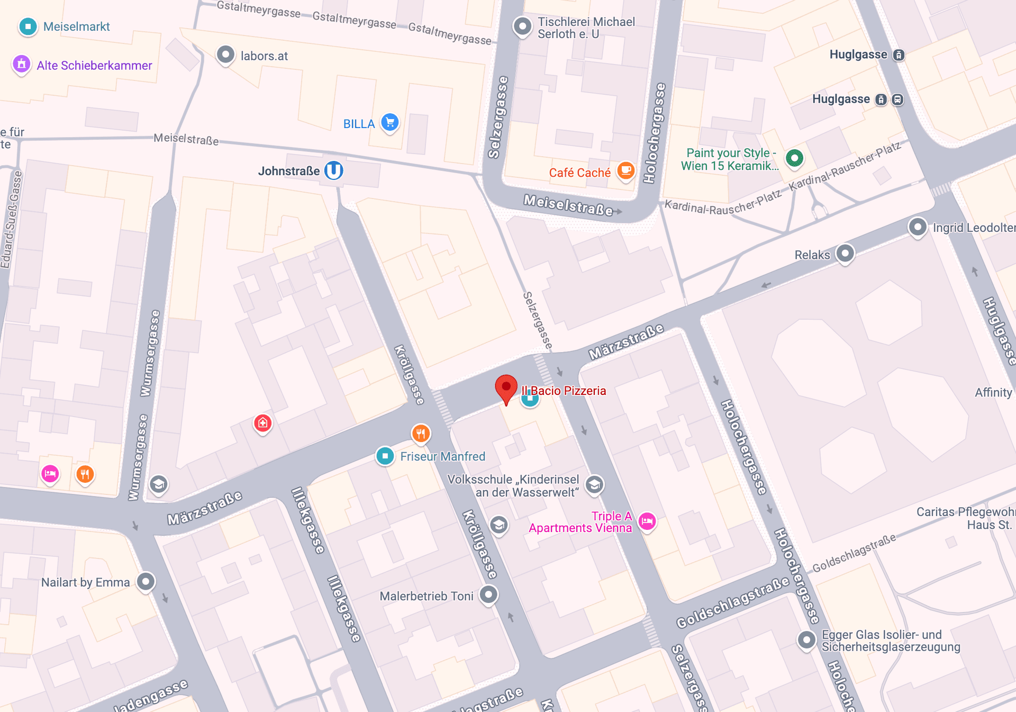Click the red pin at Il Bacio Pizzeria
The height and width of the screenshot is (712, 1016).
pos(506,388)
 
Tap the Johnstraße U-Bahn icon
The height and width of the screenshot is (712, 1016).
pos(334,170)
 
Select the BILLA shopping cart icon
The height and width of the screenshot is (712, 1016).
pos(390,122)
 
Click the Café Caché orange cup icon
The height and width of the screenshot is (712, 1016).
pos(626,170)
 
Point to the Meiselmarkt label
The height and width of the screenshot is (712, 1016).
pos(76,26)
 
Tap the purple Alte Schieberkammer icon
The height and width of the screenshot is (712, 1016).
pos(22,65)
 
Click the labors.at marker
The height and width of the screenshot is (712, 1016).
pos(226,55)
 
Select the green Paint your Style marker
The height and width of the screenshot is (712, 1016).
pos(794,158)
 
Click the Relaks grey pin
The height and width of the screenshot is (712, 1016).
pos(845,254)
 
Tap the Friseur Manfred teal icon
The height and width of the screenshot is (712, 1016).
pos(385,456)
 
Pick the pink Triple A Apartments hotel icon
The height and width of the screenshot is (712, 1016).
pos(647,521)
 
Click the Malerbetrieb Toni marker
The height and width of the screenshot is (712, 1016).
pos(488,594)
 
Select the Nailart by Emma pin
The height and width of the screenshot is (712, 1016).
pos(146,582)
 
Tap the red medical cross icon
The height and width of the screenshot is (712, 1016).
pos(263,423)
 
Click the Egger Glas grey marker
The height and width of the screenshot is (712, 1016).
pos(806,640)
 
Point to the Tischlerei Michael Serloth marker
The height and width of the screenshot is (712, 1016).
pos(522,26)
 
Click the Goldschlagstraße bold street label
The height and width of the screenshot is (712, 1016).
pos(732,602)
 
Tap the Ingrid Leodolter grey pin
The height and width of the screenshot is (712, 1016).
pos(918,227)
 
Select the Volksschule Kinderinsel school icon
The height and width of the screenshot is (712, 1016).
pos(594,484)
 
